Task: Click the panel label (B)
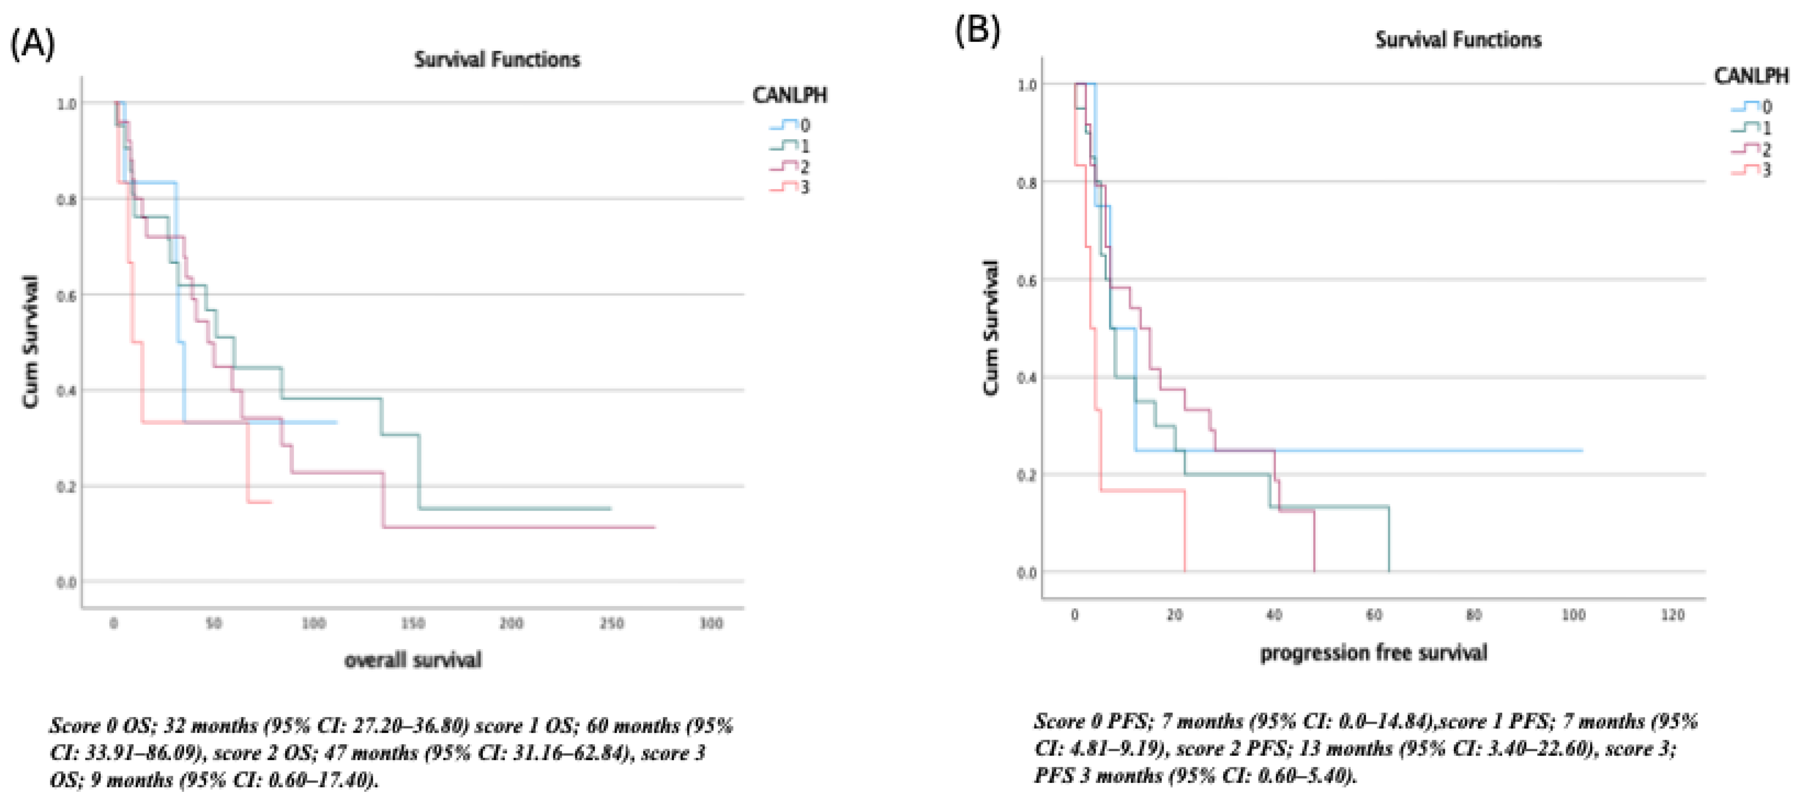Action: tap(977, 30)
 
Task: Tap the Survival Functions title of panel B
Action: tap(1458, 40)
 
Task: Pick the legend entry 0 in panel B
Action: tap(1767, 107)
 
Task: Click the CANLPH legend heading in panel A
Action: tap(789, 95)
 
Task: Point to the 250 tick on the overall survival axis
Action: tap(611, 623)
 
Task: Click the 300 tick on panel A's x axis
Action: tap(711, 623)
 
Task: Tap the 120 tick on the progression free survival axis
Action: tap(1673, 615)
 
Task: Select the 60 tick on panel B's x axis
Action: tap(1374, 615)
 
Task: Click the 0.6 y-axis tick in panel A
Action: tap(66, 295)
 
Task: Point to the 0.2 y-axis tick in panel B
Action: tap(1026, 476)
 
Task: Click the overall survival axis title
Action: tap(413, 660)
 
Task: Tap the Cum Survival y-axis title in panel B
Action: tap(991, 327)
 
